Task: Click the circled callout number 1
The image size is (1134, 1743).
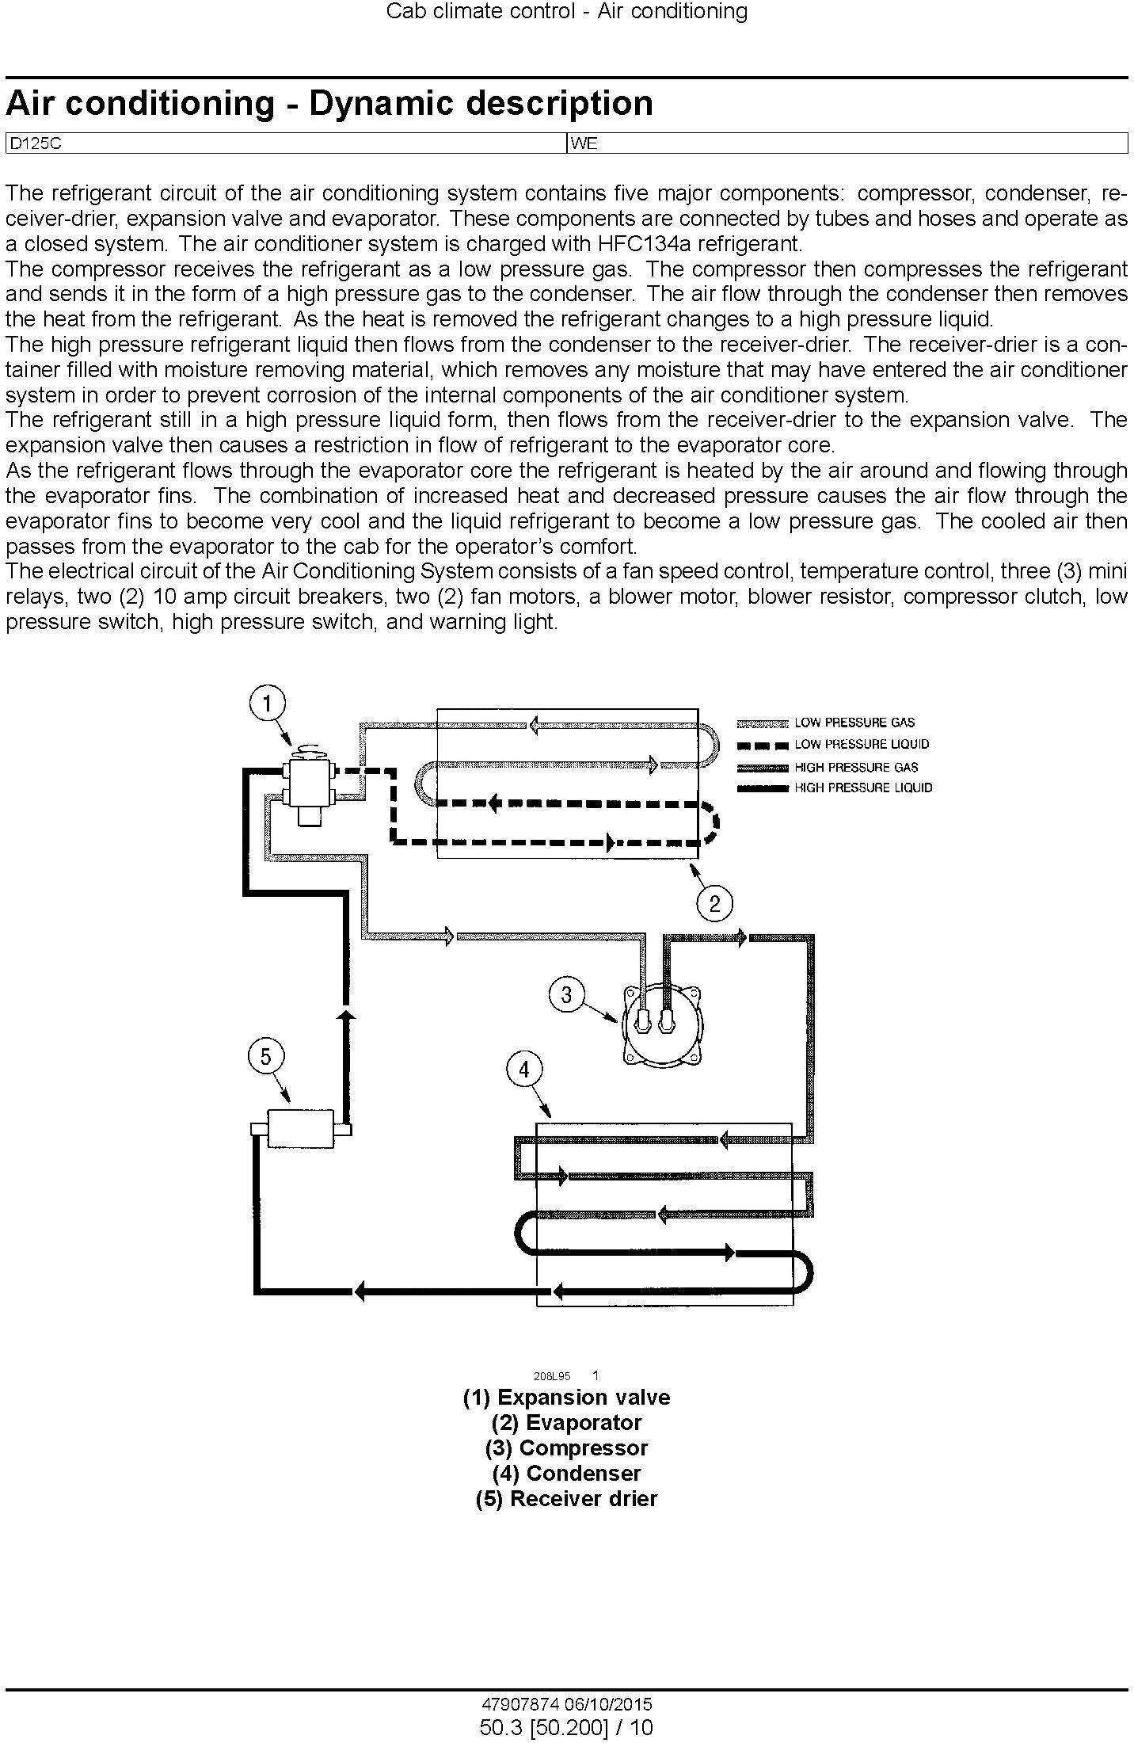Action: point(268,703)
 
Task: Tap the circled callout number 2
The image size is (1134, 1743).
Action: point(714,903)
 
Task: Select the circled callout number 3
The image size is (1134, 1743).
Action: point(566,994)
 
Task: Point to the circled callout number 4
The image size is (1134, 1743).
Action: point(523,1070)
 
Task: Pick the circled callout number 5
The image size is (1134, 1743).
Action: point(265,1056)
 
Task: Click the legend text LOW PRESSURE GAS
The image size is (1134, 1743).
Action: point(854,723)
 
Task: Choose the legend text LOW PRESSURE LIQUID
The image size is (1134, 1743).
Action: point(862,744)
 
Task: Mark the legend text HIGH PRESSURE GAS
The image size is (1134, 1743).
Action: point(856,767)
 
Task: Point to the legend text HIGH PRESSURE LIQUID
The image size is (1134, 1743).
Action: point(863,788)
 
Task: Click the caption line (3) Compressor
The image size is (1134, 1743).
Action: point(566,1447)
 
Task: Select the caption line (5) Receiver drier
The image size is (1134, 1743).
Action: point(566,1498)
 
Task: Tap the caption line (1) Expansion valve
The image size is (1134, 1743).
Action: point(566,1397)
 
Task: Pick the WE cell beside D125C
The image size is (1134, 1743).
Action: point(584,144)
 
